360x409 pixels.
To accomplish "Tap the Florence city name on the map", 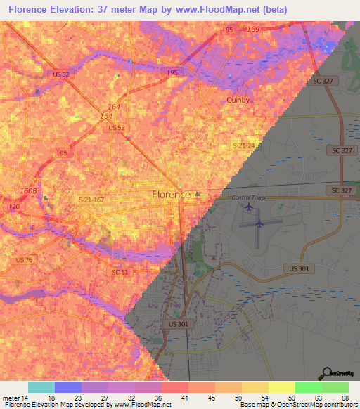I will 172,194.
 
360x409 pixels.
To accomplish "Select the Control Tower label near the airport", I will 250,197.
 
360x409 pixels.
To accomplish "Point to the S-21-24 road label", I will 245,145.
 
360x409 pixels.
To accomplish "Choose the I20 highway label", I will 15,207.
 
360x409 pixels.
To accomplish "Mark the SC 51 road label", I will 120,271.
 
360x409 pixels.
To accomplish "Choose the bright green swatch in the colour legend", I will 307,387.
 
